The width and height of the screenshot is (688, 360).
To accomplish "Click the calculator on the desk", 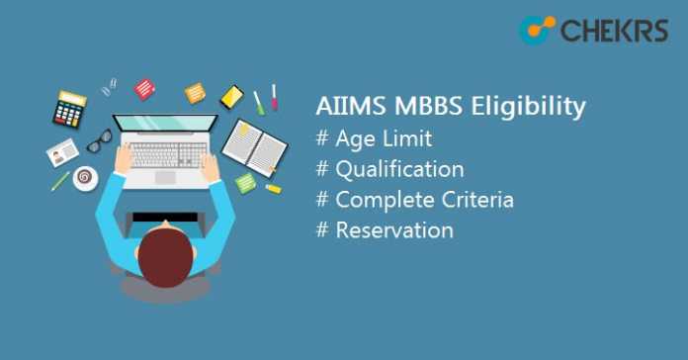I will point(70,109).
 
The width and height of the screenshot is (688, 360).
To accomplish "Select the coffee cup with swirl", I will point(86,178).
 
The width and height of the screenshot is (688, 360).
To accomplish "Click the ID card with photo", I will point(62,152).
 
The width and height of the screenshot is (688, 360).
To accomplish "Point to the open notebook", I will point(254,145).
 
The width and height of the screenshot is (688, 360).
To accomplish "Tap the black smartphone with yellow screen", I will point(231,96).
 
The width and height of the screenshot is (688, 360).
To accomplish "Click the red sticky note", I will point(144,89).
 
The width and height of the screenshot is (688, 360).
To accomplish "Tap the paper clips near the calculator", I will point(109,86).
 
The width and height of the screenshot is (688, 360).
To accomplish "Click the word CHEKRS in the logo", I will point(612,31).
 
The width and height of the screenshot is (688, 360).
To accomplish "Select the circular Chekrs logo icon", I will point(537,31).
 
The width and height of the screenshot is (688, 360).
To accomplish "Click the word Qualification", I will point(398,169).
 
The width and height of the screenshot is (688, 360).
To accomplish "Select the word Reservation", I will point(394,229).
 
